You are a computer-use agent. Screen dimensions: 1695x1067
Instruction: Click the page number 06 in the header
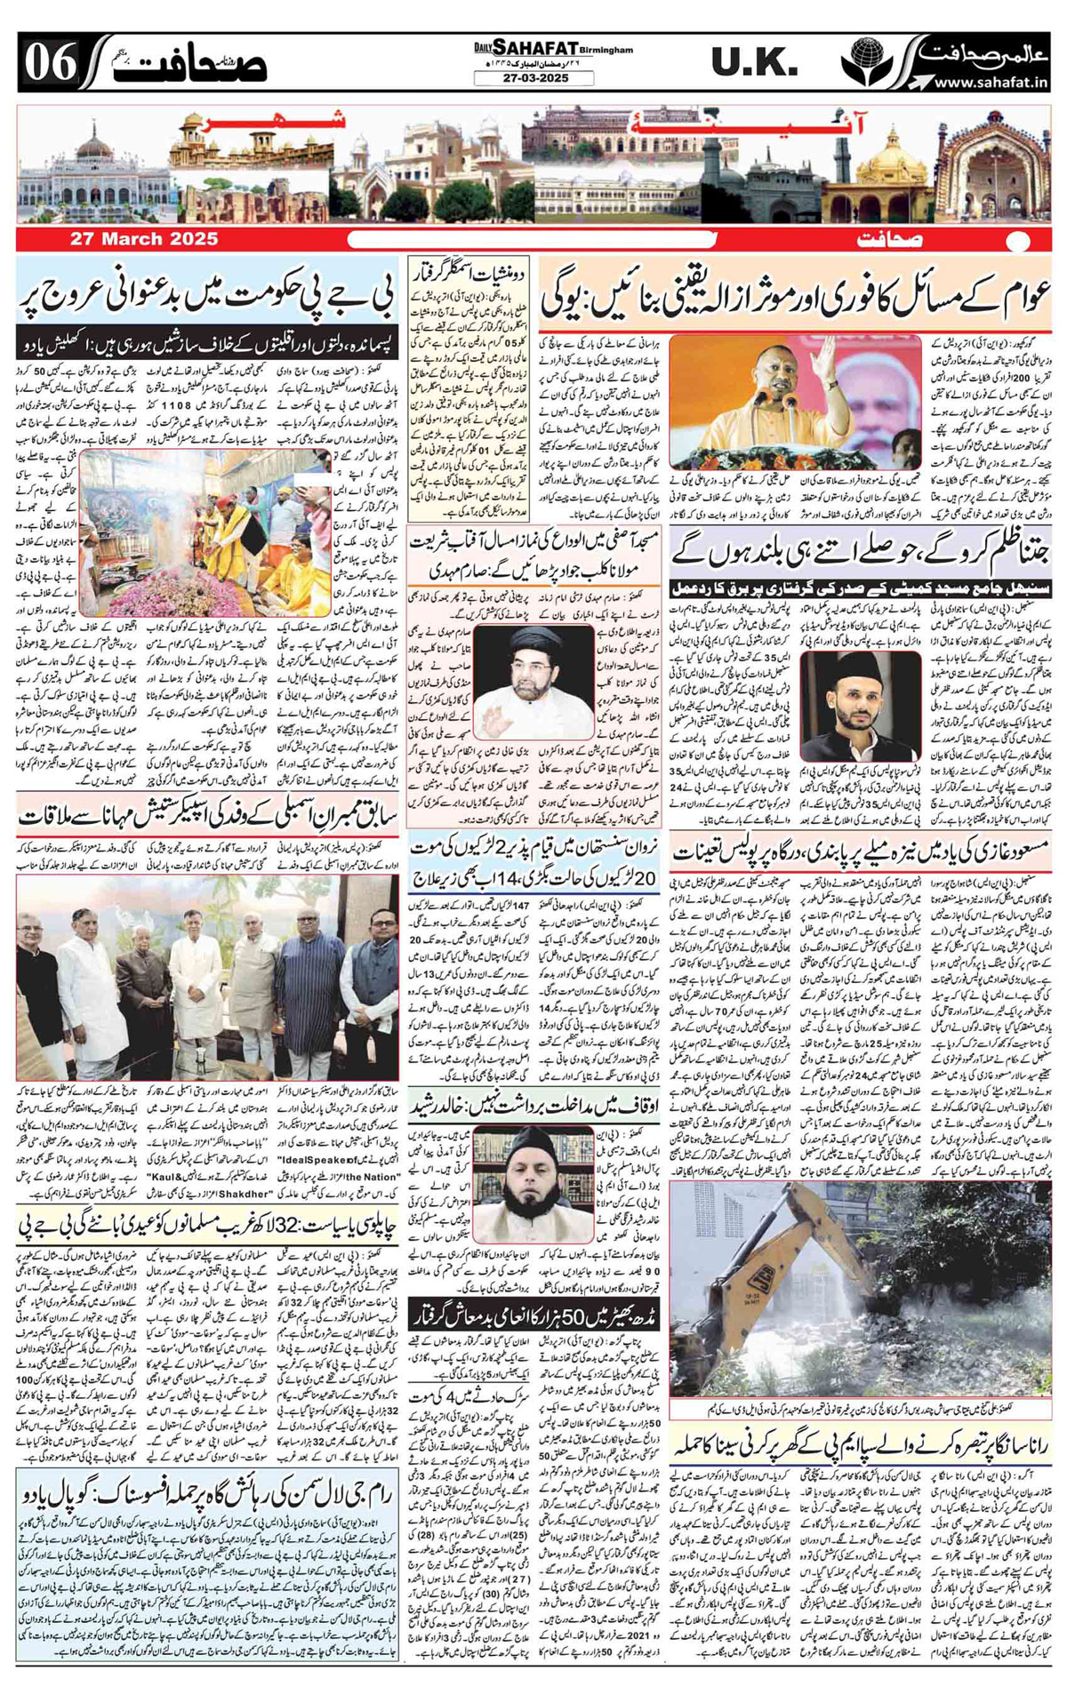click(x=51, y=63)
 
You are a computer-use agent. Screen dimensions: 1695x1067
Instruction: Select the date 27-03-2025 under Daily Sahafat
click(x=533, y=78)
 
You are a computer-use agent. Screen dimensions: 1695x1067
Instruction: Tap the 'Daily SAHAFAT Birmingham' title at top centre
click(x=533, y=46)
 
